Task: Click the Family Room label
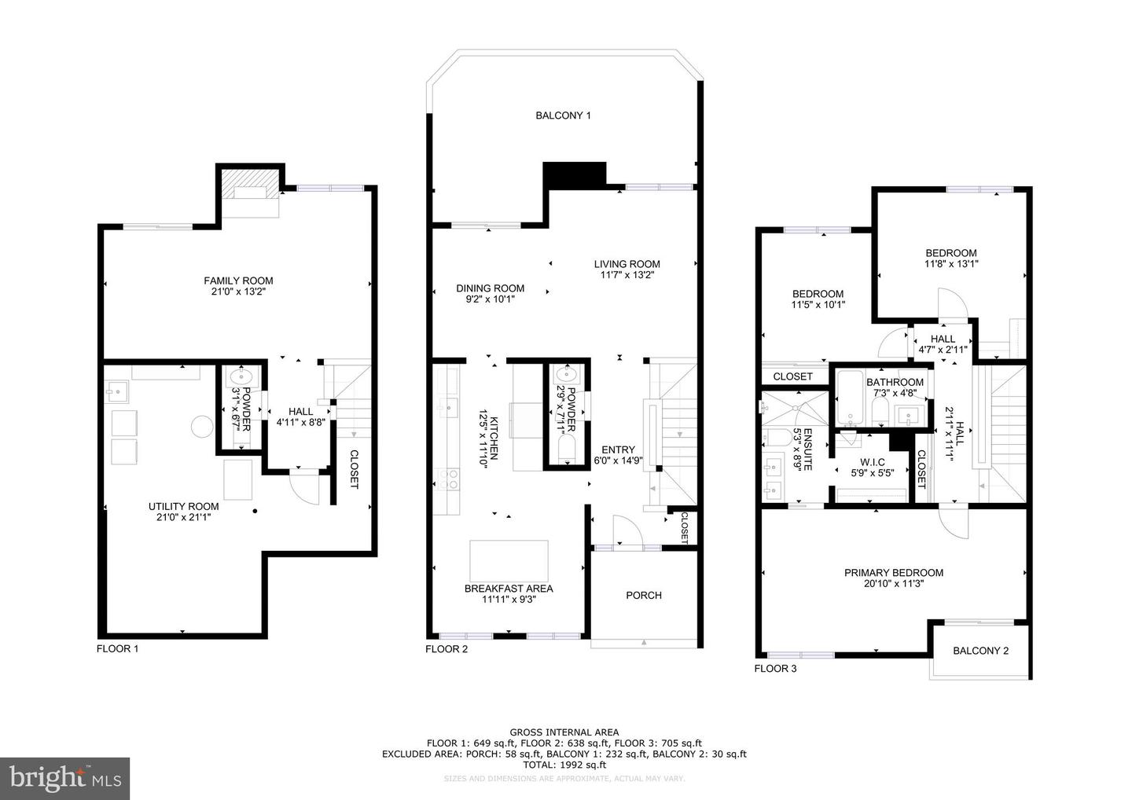(238, 281)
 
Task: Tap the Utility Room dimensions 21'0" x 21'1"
(183, 517)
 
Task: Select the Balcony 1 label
(563, 116)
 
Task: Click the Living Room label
(627, 264)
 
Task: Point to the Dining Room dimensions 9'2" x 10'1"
(490, 299)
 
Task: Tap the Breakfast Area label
(508, 589)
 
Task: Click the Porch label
(644, 596)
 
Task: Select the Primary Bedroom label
(894, 573)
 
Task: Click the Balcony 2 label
(980, 651)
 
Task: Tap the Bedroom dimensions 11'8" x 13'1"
(951, 264)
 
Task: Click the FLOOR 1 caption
(117, 649)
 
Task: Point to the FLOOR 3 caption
(775, 669)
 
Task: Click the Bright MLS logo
(65, 779)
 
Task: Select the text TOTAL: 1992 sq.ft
(564, 765)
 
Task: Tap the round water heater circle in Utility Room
(202, 427)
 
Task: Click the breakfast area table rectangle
(509, 560)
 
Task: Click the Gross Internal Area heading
(564, 732)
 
